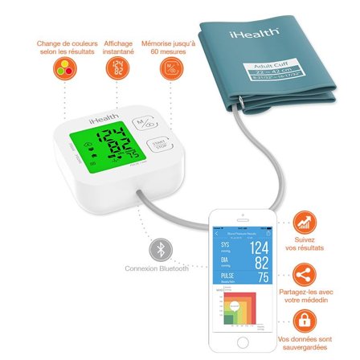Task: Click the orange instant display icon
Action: click(113, 70)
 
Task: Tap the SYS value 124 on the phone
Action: click(259, 247)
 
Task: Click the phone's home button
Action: click(243, 342)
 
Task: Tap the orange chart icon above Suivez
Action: click(305, 221)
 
